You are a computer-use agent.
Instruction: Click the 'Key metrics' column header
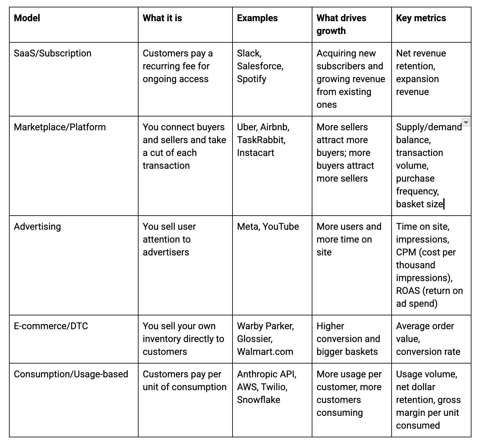tap(421, 18)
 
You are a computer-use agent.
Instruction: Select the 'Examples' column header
tap(257, 18)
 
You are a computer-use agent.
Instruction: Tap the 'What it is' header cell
tap(162, 18)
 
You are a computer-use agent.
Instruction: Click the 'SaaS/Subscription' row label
tap(53, 53)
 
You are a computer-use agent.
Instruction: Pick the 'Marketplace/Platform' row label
tap(60, 127)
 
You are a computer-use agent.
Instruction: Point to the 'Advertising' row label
tap(37, 227)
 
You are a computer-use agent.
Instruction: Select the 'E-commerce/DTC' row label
tap(51, 326)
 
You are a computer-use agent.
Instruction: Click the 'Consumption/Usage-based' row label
tap(71, 374)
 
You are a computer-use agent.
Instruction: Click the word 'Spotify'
tap(251, 79)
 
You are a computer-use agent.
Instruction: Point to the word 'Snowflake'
tap(258, 400)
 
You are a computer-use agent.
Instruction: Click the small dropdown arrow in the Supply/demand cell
tap(466, 122)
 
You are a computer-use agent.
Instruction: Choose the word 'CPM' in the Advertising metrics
tap(406, 252)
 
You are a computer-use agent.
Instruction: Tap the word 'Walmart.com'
tap(265, 352)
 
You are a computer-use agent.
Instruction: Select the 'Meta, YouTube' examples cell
tap(268, 227)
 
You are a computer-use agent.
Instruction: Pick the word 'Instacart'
tap(255, 153)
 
